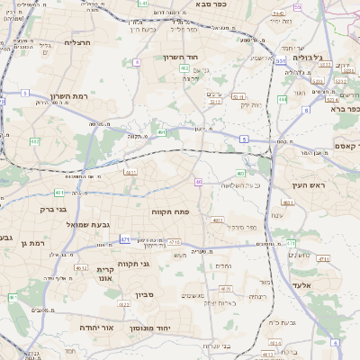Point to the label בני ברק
pyautogui.click(x=55, y=210)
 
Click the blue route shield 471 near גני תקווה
pyautogui.click(x=125, y=239)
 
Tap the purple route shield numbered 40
pyautogui.click(x=198, y=182)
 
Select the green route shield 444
pyautogui.click(x=283, y=99)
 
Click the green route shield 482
pyautogui.click(x=34, y=141)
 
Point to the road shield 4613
pyautogui.click(x=80, y=268)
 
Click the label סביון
pyautogui.click(x=147, y=294)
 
